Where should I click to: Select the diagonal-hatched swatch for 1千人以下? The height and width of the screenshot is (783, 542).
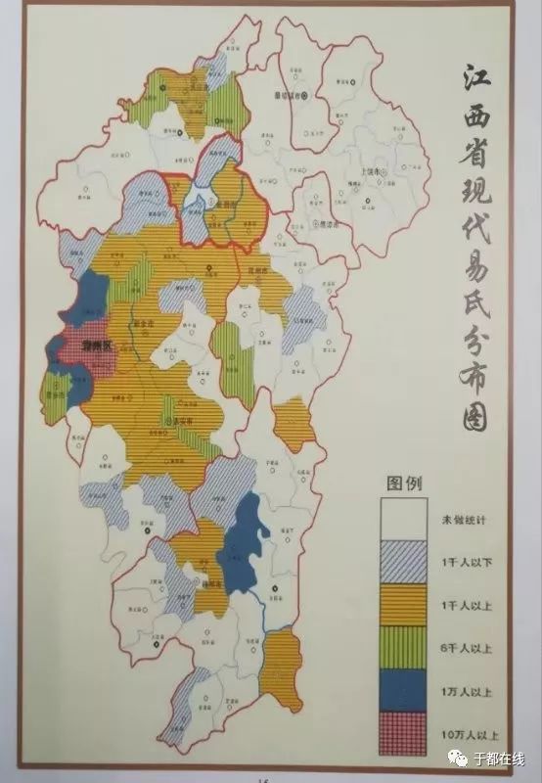click(404, 560)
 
